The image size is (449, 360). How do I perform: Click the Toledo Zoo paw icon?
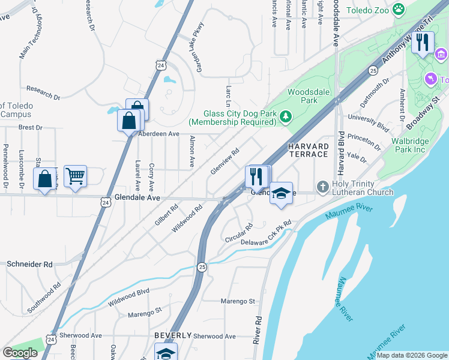pyautogui.click(x=398, y=9)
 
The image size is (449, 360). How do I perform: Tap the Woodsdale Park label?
pyautogui.click(x=302, y=96)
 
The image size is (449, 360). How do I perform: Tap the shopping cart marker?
pyautogui.click(x=75, y=176)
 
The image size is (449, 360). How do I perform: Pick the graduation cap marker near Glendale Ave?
pyautogui.click(x=281, y=193)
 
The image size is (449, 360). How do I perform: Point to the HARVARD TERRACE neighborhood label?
pyautogui.click(x=309, y=150)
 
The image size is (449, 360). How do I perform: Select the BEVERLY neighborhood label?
pyautogui.click(x=172, y=335)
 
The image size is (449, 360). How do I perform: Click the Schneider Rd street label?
pyautogui.click(x=29, y=264)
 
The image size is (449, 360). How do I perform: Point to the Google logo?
pyautogui.click(x=20, y=353)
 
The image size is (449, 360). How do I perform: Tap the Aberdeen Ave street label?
pyautogui.click(x=159, y=134)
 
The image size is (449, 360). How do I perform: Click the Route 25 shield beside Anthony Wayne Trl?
pyautogui.click(x=373, y=70)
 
